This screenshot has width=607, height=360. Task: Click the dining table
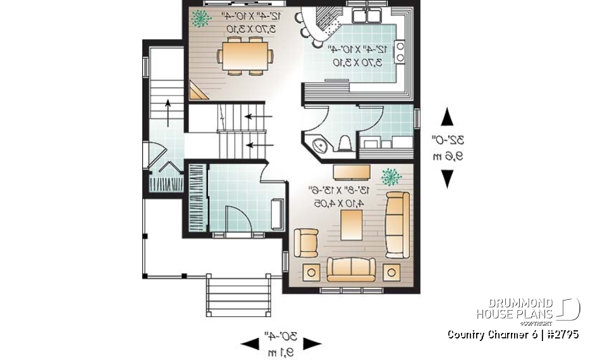pyautogui.click(x=247, y=56)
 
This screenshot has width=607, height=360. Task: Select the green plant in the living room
pyautogui.click(x=391, y=176)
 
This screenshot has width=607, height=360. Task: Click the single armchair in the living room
pyautogui.click(x=307, y=242)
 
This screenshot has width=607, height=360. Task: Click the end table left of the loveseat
pyautogui.click(x=311, y=272)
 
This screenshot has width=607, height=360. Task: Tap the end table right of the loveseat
pyautogui.click(x=391, y=272)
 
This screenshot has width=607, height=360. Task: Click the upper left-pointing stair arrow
pyautogui.click(x=255, y=116)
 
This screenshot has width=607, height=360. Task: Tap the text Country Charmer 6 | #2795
pyautogui.click(x=512, y=335)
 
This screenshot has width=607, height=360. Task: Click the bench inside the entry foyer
pyautogui.click(x=276, y=215)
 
